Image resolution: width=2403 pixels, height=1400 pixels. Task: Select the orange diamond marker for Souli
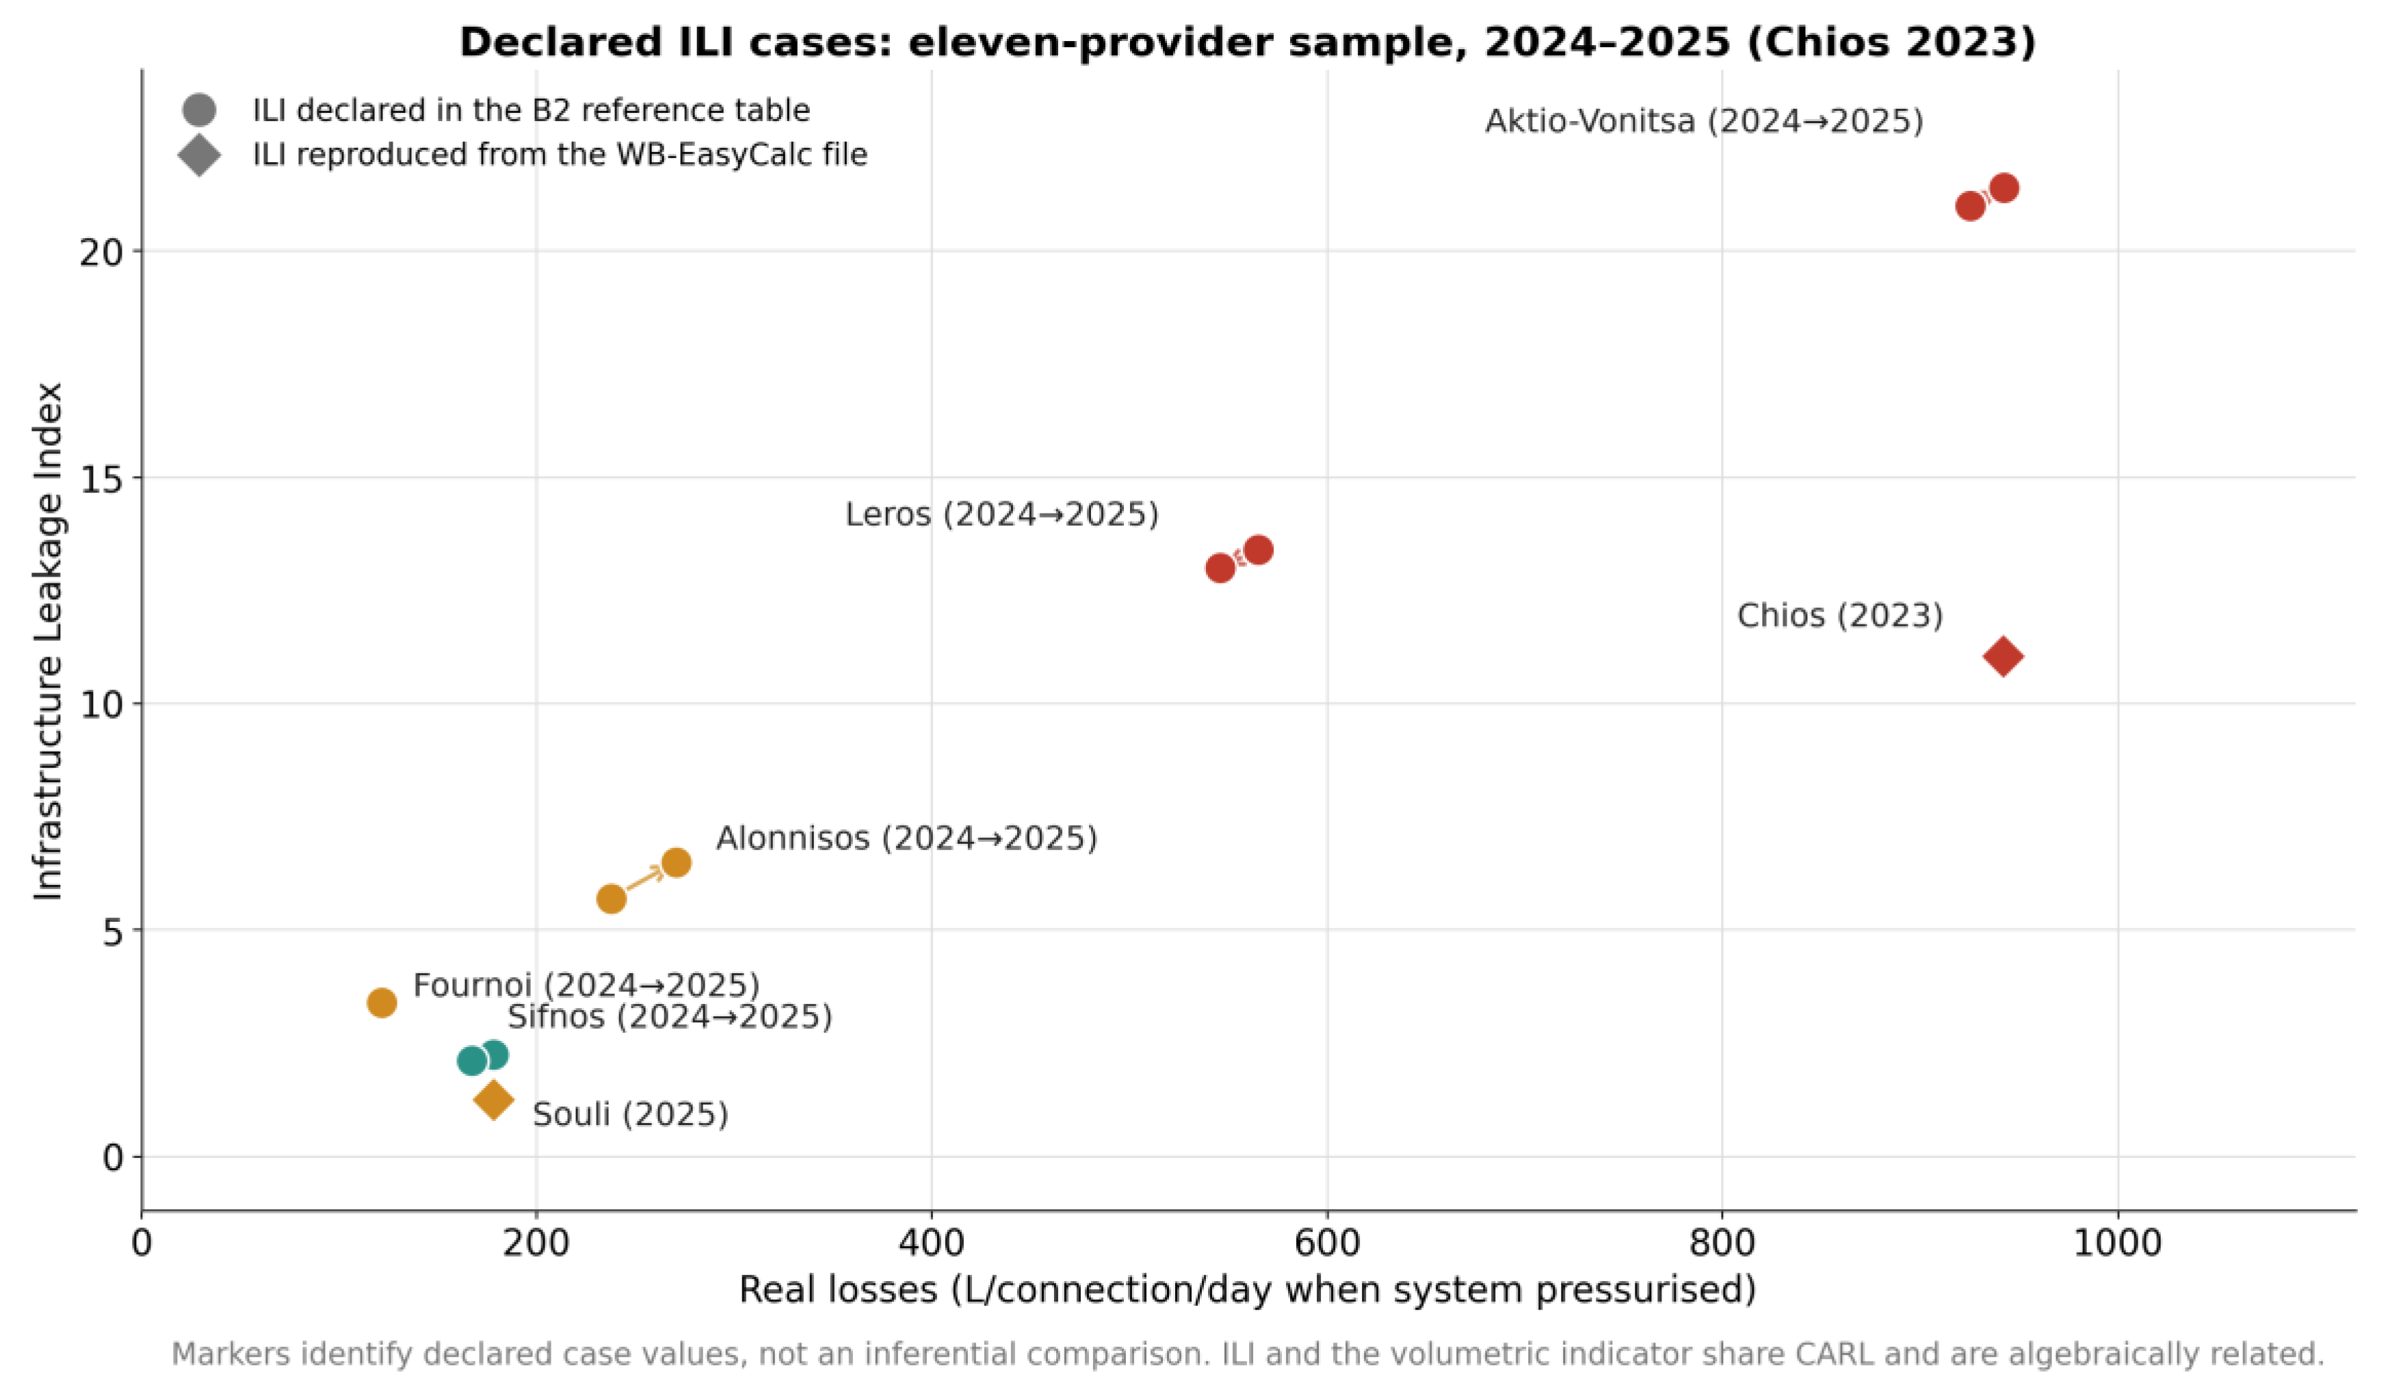tap(493, 1100)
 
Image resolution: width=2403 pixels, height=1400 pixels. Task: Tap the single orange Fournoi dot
tap(382, 1003)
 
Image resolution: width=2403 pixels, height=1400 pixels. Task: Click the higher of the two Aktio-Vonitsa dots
tap(2004, 188)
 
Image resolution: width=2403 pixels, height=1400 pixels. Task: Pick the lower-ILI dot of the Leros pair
tap(1220, 568)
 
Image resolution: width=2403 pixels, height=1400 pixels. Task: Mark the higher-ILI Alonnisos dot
tap(676, 863)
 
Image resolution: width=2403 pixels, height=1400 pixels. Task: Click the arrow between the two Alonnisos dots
tap(644, 880)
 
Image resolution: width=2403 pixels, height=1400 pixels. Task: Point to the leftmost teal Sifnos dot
tap(472, 1061)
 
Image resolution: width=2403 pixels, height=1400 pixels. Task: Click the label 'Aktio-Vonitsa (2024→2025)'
tap(1704, 122)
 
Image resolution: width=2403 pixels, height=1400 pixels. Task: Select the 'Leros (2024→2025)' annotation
tap(1001, 515)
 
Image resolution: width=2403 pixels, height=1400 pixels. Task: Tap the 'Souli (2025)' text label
tap(630, 1114)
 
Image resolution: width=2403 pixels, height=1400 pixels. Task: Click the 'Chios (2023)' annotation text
tap(1839, 615)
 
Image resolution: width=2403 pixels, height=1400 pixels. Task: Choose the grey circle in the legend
tap(199, 109)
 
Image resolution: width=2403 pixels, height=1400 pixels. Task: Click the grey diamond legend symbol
tap(199, 155)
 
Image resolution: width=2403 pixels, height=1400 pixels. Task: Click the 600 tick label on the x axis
tap(1326, 1243)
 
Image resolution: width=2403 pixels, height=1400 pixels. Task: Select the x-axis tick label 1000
tap(2118, 1243)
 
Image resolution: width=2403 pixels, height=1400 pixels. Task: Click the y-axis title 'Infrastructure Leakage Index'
tap(48, 641)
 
